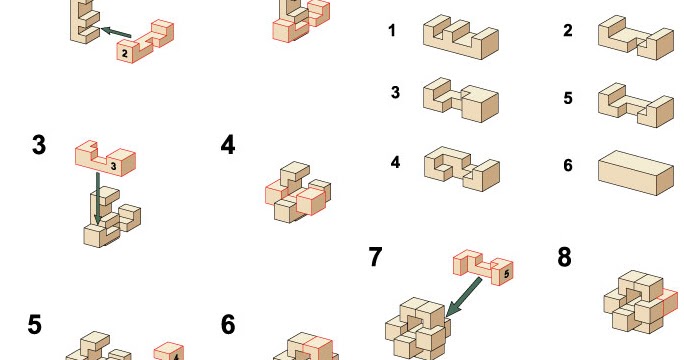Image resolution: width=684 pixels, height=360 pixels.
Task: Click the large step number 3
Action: pos(39,146)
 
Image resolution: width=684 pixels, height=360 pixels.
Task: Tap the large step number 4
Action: pos(228,146)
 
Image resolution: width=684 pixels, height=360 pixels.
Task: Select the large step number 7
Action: pos(375,257)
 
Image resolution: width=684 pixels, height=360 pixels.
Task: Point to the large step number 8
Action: pos(564,257)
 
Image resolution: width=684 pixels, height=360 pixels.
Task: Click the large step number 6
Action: pos(228,324)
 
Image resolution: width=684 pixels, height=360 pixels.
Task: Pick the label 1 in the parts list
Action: pos(392,31)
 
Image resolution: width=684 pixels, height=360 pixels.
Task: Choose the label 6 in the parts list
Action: pos(567,165)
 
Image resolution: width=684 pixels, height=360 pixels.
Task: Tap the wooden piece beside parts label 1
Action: pos(460,35)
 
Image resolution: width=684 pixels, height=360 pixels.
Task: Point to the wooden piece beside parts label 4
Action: pos(460,166)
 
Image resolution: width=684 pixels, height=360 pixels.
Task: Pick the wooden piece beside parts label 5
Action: pos(635,103)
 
